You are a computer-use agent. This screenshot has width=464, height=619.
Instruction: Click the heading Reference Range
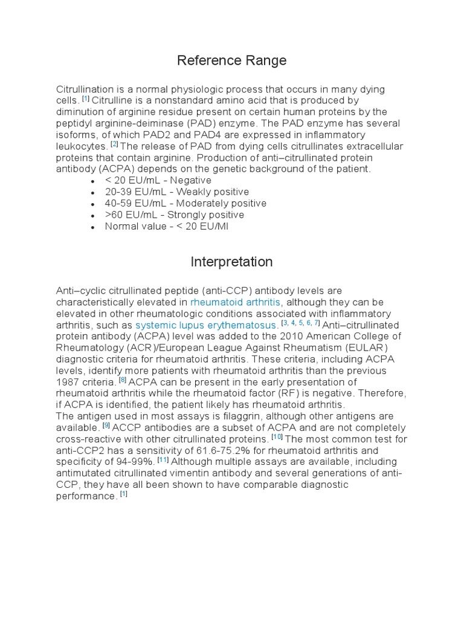coord(231,60)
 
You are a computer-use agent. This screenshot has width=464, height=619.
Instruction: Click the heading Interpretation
coord(231,262)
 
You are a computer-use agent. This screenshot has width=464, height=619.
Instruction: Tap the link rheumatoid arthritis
coord(235,302)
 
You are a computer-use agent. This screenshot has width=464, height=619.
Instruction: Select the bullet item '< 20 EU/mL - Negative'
coord(158,180)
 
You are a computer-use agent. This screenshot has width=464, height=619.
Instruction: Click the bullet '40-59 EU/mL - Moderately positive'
coord(176,203)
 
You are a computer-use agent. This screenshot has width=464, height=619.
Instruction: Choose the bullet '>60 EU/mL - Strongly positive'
coord(174,215)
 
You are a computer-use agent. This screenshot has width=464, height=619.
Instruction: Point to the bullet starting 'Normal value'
coord(166,226)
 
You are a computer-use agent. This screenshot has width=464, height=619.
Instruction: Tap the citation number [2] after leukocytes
coord(114,144)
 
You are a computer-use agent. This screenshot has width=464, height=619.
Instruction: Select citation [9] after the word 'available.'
coord(106,426)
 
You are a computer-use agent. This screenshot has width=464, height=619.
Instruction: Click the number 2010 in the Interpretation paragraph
coord(315,336)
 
